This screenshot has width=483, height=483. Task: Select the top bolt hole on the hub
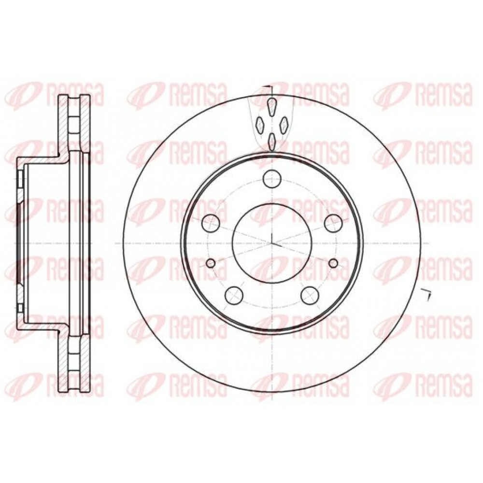click(272, 179)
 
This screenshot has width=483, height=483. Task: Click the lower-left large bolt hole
click(234, 295)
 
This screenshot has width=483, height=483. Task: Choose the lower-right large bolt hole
click(310, 295)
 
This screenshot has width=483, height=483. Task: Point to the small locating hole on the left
click(211, 263)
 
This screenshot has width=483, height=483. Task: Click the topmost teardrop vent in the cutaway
click(271, 107)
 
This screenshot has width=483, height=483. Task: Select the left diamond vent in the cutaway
click(260, 125)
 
